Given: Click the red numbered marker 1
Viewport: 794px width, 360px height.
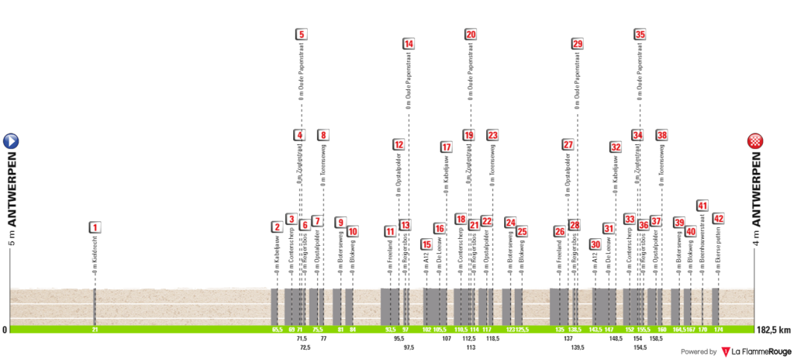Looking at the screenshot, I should (95, 227).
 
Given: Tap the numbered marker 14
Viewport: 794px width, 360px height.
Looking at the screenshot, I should (408, 44).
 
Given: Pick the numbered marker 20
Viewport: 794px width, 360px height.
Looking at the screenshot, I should (471, 34).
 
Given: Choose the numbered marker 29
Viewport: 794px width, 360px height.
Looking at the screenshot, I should (577, 44).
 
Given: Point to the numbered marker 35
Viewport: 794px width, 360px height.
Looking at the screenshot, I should (640, 34).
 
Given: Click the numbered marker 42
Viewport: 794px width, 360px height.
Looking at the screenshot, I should (718, 219).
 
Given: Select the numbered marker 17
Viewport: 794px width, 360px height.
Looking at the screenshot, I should (446, 147).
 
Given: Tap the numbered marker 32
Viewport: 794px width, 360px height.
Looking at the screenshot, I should (615, 147).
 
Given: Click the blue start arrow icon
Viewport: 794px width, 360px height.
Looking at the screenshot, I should (11, 141).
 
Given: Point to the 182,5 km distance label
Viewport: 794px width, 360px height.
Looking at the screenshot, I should (773, 330).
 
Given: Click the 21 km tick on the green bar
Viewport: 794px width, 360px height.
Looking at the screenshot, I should (95, 330).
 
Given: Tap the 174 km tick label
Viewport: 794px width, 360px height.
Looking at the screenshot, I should (718, 330).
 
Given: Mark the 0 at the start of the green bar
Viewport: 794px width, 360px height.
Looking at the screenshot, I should (5, 330).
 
